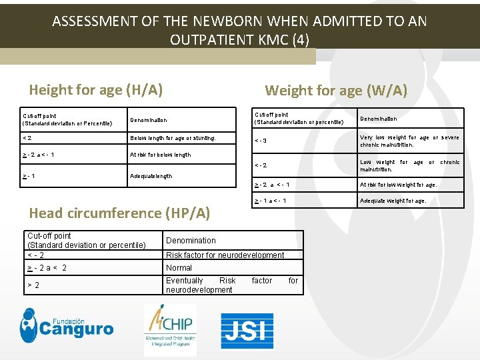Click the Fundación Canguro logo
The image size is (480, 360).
click(x=67, y=323)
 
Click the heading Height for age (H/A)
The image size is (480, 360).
click(x=96, y=89)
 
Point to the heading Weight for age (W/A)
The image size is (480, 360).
click(x=336, y=90)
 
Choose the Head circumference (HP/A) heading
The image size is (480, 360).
click(x=119, y=213)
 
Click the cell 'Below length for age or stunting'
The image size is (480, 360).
click(x=173, y=139)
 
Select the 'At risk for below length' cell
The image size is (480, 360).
click(x=160, y=155)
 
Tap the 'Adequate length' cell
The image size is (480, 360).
click(x=151, y=176)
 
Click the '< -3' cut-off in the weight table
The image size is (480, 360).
click(x=261, y=141)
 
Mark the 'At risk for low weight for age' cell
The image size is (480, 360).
click(x=398, y=185)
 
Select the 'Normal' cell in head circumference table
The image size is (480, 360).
click(x=179, y=268)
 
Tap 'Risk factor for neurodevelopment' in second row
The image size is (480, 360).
click(x=225, y=255)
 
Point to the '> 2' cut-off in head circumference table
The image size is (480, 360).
click(x=33, y=285)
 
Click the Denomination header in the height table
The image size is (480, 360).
click(x=149, y=121)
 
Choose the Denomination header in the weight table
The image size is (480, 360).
click(x=378, y=119)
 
